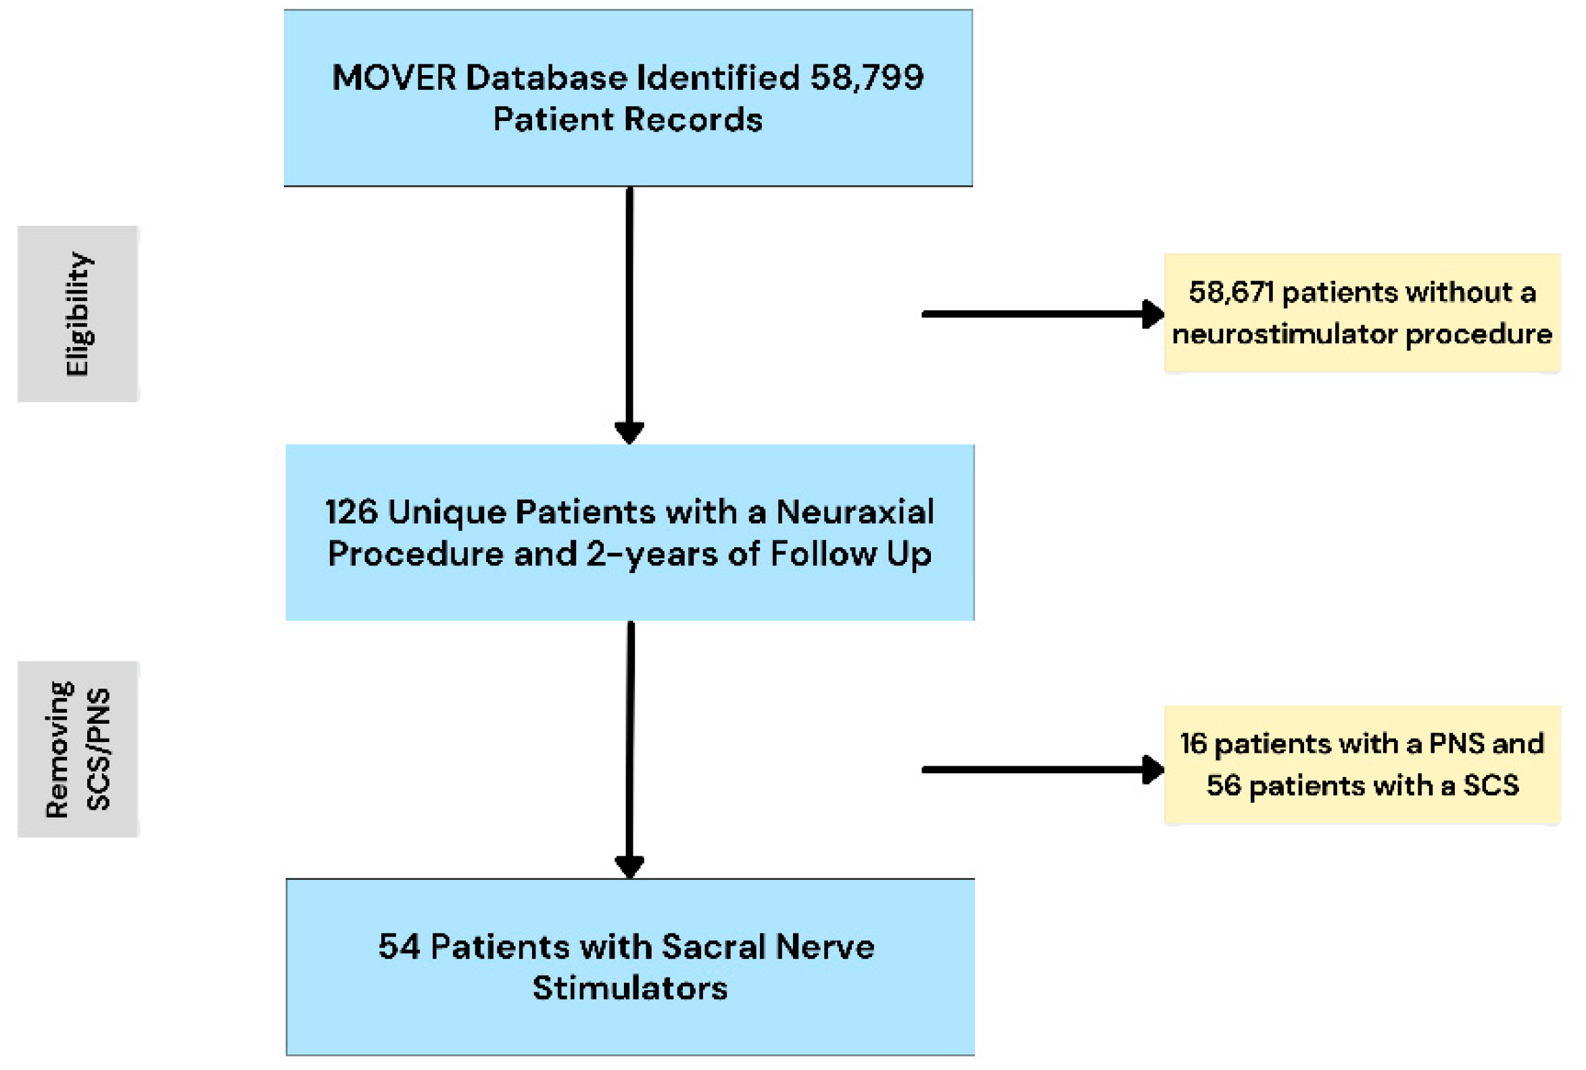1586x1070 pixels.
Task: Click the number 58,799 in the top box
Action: coord(865,77)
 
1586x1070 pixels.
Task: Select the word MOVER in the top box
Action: coord(393,77)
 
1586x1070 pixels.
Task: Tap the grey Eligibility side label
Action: coord(78,314)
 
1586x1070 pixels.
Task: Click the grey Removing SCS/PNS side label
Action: coord(78,749)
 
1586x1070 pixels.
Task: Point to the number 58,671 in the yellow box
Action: coord(1230,292)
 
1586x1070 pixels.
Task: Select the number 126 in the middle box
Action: coord(351,512)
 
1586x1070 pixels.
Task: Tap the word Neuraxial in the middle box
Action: coord(855,512)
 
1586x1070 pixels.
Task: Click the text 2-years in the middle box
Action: coord(652,554)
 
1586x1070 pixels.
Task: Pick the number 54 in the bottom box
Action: coord(399,946)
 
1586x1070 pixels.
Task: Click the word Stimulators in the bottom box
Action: coord(629,988)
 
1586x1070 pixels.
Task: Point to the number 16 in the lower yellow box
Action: coord(1193,744)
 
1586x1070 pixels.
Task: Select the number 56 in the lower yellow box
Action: coord(1223,785)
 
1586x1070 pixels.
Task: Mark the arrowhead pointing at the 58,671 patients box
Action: coord(1153,314)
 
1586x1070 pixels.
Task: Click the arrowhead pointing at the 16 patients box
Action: coord(1153,770)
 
